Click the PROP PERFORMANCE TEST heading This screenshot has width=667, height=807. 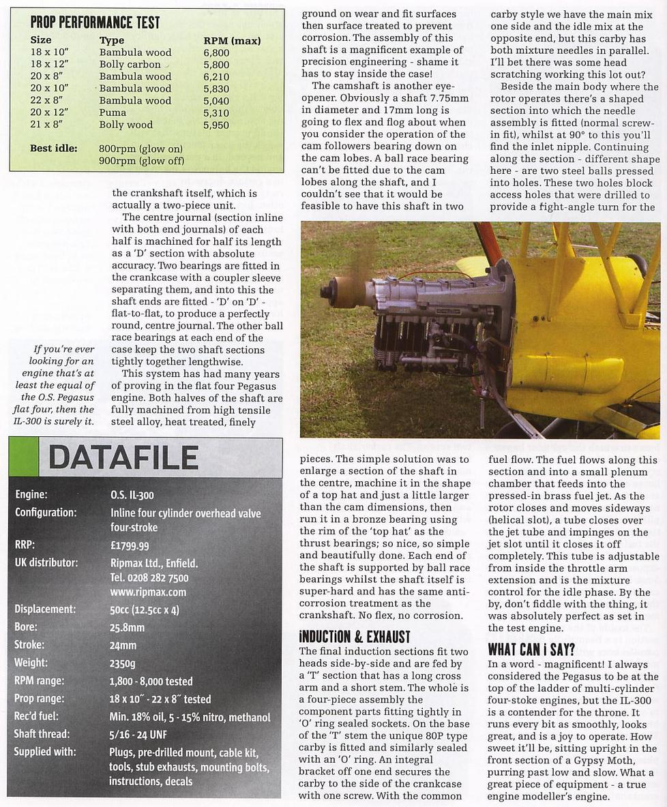(x=95, y=22)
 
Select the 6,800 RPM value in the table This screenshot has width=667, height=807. (x=216, y=52)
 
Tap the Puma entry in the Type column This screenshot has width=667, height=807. (x=113, y=112)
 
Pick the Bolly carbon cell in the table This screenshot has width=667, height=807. (x=130, y=65)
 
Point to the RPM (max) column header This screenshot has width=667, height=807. (x=232, y=41)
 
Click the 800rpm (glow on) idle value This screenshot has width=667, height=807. (x=140, y=149)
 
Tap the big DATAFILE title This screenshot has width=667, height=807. (x=123, y=457)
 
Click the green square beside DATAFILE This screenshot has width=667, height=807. (x=23, y=457)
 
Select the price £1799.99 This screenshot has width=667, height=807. (x=130, y=545)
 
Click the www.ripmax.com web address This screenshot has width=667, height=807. (x=147, y=592)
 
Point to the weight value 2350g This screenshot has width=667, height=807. (x=123, y=663)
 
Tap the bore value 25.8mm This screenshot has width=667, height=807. (x=127, y=627)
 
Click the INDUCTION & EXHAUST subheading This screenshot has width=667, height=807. (x=355, y=637)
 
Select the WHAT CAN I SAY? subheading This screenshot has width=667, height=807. (x=531, y=649)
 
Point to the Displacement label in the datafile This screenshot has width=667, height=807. (x=44, y=609)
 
